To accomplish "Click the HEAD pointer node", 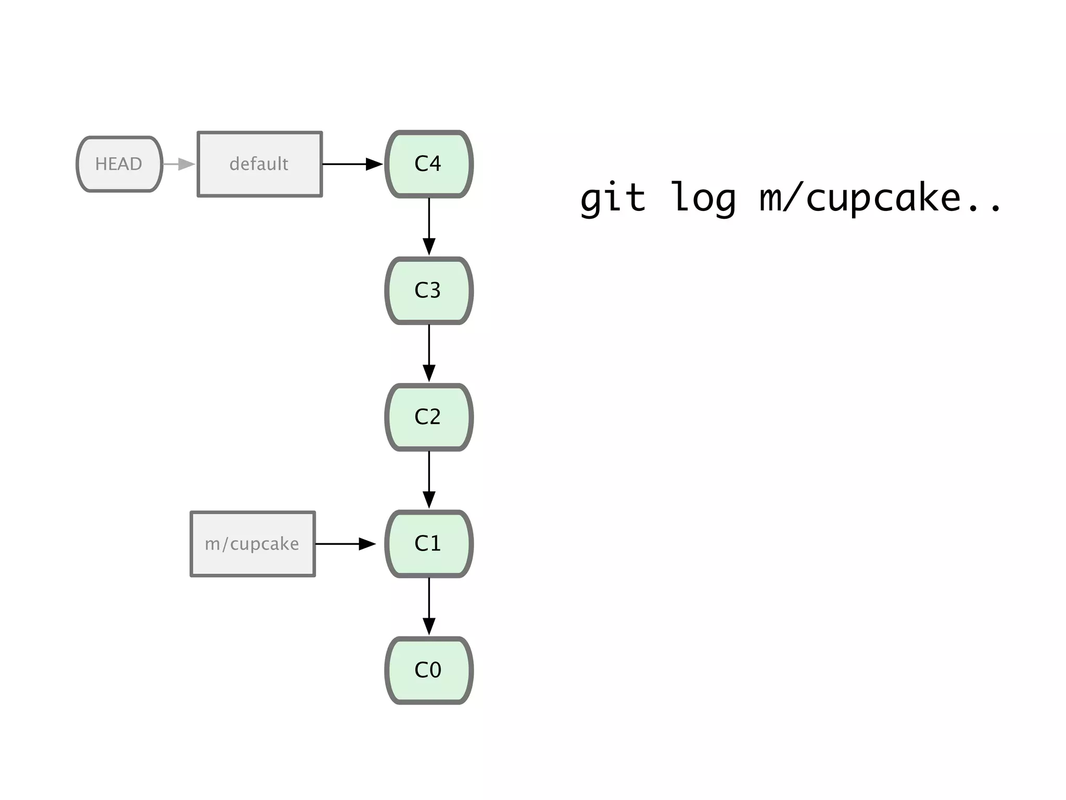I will coord(119,164).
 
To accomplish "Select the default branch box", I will coord(259,164).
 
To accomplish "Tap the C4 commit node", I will coord(428,164).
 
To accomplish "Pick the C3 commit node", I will coord(428,291).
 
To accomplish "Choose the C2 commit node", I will coord(428,417).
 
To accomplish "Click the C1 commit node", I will coord(428,544).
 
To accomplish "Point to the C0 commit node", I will coord(428,670).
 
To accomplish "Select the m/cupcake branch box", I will coord(252,544).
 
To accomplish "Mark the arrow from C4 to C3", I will coord(429,227).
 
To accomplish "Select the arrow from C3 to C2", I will coord(429,353).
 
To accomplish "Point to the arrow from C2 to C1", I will coord(429,480).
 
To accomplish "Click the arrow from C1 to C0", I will coord(429,606).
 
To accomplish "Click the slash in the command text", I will coord(792,198).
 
